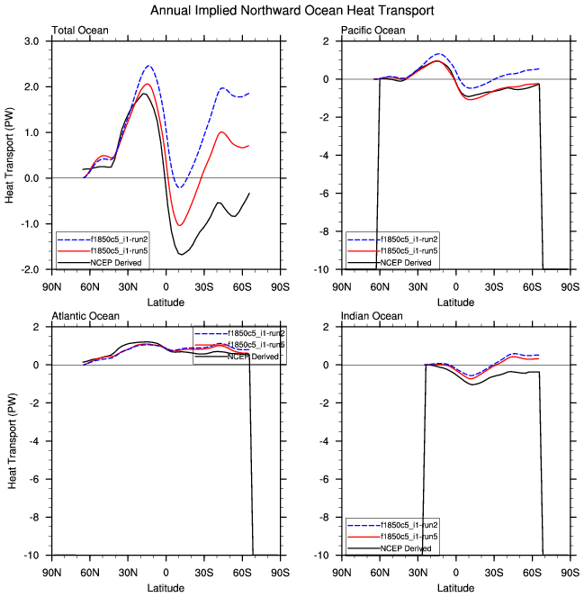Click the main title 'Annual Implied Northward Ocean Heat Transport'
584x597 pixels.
pyautogui.click(x=292, y=11)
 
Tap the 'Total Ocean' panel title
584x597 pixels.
pyautogui.click(x=80, y=31)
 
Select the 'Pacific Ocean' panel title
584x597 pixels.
pyautogui.click(x=373, y=31)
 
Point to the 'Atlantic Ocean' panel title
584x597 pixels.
pyautogui.click(x=84, y=316)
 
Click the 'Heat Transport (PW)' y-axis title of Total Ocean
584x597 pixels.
pyautogui.click(x=11, y=155)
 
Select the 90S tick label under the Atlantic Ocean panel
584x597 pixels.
pyautogui.click(x=280, y=571)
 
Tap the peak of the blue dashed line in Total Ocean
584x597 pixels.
pyautogui.click(x=148, y=66)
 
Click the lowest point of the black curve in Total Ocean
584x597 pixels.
pyautogui.click(x=182, y=255)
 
